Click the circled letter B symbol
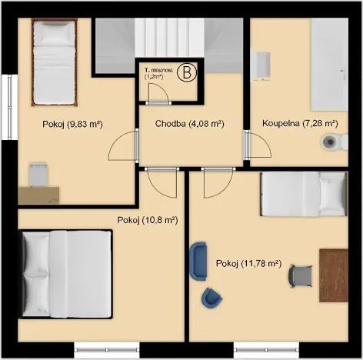[x=185, y=74]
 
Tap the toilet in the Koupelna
[x=330, y=142]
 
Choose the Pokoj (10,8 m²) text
[x=148, y=219]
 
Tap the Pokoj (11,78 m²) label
[x=248, y=263]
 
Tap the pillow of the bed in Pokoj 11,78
[x=333, y=192]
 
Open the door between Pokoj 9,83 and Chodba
[x=123, y=144]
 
